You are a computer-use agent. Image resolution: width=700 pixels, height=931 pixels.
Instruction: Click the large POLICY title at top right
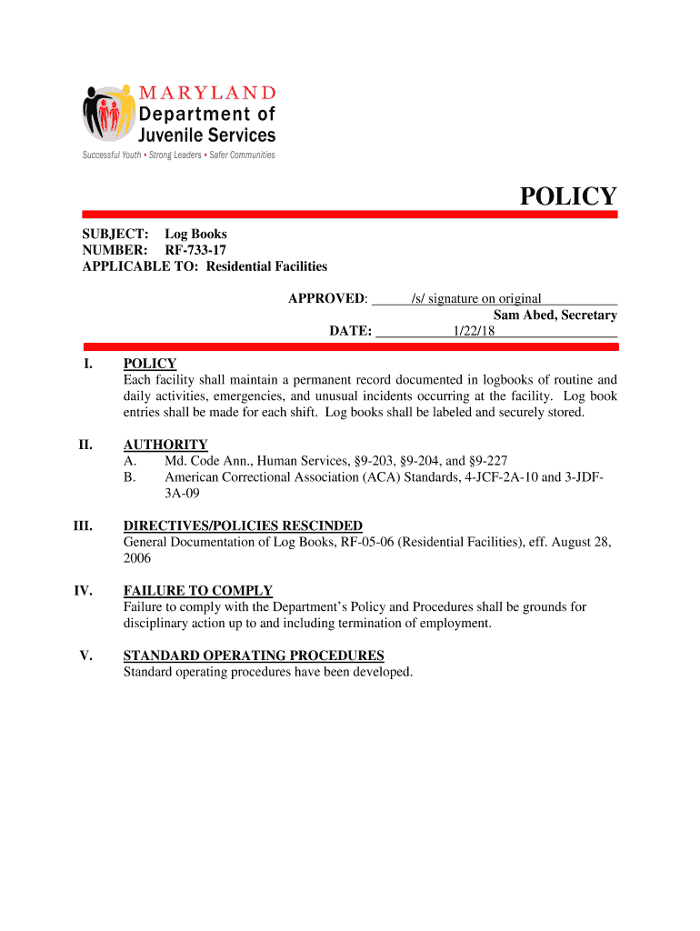[567, 196]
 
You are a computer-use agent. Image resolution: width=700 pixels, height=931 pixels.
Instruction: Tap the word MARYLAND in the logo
[207, 93]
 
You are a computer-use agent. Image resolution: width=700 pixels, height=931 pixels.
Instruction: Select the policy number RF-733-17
[195, 250]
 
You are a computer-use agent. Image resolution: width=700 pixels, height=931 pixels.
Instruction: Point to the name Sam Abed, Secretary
[555, 315]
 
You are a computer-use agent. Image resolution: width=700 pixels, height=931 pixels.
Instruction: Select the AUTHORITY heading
[165, 445]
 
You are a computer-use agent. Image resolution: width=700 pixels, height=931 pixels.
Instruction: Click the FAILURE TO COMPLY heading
[197, 590]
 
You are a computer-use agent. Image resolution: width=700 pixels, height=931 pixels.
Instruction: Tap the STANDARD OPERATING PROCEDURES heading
[254, 656]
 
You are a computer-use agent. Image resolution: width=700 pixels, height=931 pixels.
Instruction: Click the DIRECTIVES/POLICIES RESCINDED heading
[243, 526]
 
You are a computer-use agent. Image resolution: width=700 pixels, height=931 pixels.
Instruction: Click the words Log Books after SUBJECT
[195, 234]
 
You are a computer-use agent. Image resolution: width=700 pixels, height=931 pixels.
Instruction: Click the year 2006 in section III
[137, 558]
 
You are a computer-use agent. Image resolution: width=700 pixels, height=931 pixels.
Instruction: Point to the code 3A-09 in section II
[182, 493]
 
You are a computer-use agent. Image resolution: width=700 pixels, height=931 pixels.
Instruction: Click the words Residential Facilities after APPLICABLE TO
[266, 266]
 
